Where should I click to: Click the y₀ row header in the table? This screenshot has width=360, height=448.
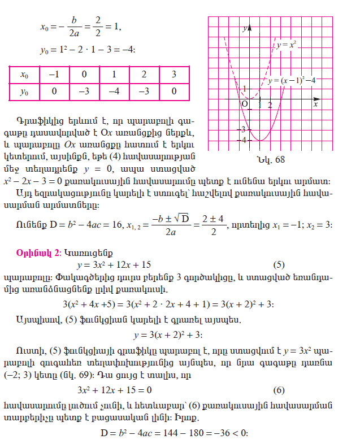[24, 92]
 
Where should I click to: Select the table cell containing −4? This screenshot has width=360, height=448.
[114, 92]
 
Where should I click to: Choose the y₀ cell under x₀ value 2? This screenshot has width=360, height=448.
[144, 92]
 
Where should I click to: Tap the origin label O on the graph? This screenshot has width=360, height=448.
[245, 104]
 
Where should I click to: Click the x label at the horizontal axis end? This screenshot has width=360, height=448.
[315, 105]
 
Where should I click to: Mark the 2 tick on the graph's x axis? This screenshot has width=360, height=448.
[270, 105]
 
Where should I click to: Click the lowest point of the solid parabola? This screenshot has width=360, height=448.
[259, 140]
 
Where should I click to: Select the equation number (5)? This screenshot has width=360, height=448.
[279, 264]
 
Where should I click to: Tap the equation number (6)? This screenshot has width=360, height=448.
[279, 390]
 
